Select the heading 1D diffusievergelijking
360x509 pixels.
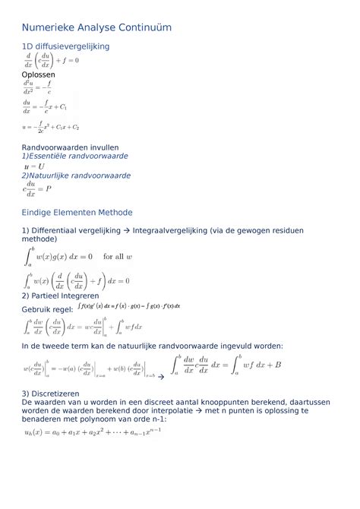click(x=65, y=47)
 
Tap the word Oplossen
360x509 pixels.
click(x=38, y=75)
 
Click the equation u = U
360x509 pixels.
click(x=33, y=166)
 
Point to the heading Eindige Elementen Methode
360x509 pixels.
click(x=77, y=212)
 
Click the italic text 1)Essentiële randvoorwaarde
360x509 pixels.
click(x=74, y=156)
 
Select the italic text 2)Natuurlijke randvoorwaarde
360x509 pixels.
click(x=76, y=175)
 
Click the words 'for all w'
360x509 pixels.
click(x=118, y=257)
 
